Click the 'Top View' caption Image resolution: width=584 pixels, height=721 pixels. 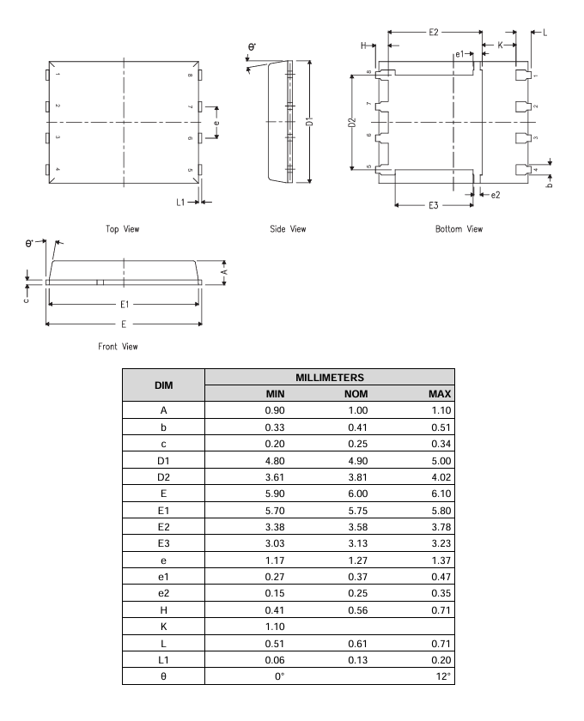(x=124, y=229)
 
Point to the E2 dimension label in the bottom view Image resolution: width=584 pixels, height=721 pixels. (x=434, y=32)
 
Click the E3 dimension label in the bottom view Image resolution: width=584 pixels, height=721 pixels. (x=434, y=206)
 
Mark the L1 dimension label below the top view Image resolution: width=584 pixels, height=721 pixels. (x=180, y=203)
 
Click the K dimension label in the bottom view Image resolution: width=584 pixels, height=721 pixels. (x=500, y=45)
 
